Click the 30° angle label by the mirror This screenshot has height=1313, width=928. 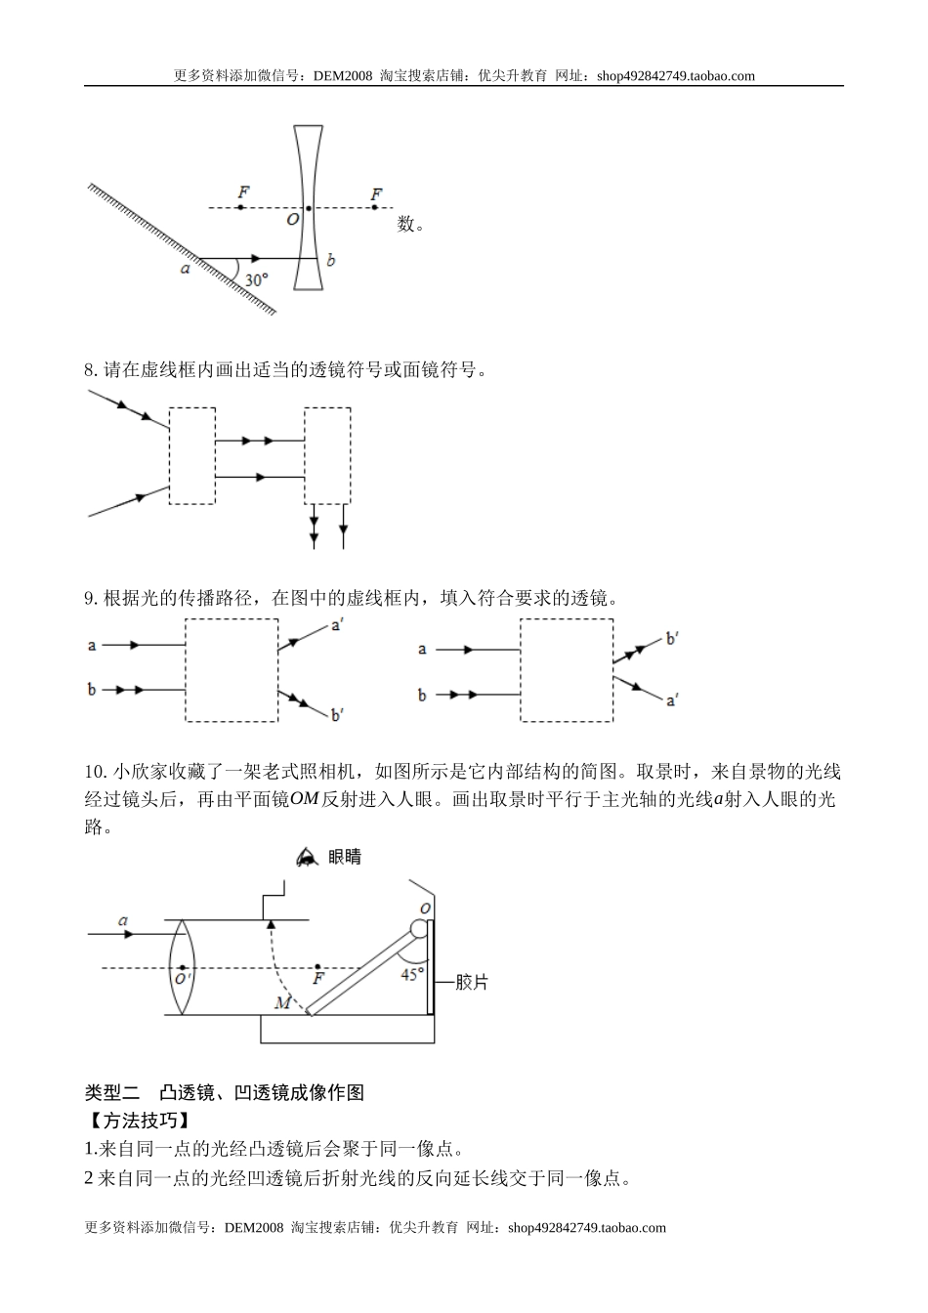[x=256, y=279]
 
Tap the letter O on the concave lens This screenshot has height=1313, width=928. [x=292, y=220]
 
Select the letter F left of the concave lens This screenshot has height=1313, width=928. [x=241, y=192]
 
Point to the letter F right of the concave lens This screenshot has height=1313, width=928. [x=375, y=193]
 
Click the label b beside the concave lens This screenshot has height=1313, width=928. [x=330, y=260]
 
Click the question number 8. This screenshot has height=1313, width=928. [x=90, y=370]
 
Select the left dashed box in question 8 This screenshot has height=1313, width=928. [x=192, y=455]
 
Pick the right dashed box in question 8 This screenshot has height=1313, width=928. [x=327, y=455]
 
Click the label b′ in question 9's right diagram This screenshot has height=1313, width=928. [x=672, y=639]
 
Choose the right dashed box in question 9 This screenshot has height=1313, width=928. [x=567, y=672]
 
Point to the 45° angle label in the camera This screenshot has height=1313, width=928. [x=412, y=974]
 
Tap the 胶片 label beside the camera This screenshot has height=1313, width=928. [x=472, y=983]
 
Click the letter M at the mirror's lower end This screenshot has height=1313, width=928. [x=282, y=1003]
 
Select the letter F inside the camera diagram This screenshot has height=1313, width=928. [x=317, y=978]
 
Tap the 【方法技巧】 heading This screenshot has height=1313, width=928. [x=137, y=1121]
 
